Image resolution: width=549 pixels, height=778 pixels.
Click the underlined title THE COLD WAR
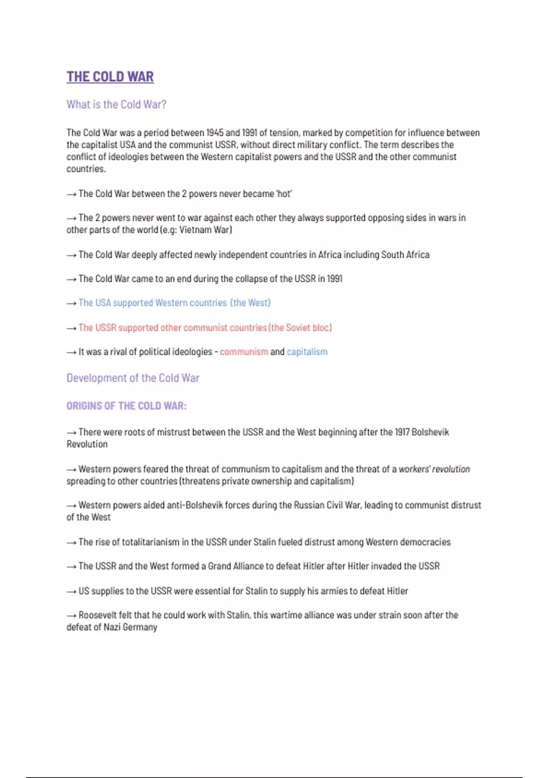[110, 77]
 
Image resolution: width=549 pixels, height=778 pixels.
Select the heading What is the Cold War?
[116, 104]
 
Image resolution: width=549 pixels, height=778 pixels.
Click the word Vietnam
[195, 230]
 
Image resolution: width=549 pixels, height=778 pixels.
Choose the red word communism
[244, 352]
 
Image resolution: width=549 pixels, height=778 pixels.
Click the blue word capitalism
[307, 352]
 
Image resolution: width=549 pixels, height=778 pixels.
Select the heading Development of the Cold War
[133, 378]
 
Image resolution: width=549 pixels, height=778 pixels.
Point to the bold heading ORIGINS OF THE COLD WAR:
[126, 406]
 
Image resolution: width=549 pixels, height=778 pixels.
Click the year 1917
[402, 432]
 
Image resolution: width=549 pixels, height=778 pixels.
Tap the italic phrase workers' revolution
[434, 469]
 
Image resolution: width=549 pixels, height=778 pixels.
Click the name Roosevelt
[97, 615]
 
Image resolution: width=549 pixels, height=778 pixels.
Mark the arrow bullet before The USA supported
[71, 303]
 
